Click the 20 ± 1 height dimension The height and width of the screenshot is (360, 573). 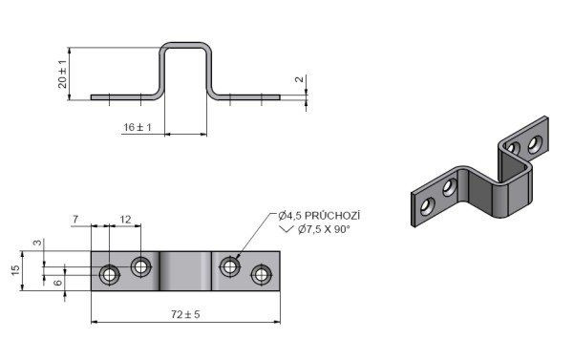point(62,74)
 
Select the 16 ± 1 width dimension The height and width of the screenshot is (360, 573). point(138,127)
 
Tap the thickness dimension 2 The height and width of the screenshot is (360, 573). point(300,79)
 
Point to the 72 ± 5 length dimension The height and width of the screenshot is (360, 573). point(185,314)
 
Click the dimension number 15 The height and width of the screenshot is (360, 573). point(15,270)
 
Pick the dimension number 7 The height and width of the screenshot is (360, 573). point(75,220)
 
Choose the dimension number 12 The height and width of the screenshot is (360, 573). point(125,220)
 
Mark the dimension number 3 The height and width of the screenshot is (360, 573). point(38,243)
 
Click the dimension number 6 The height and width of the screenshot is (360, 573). point(58,283)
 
